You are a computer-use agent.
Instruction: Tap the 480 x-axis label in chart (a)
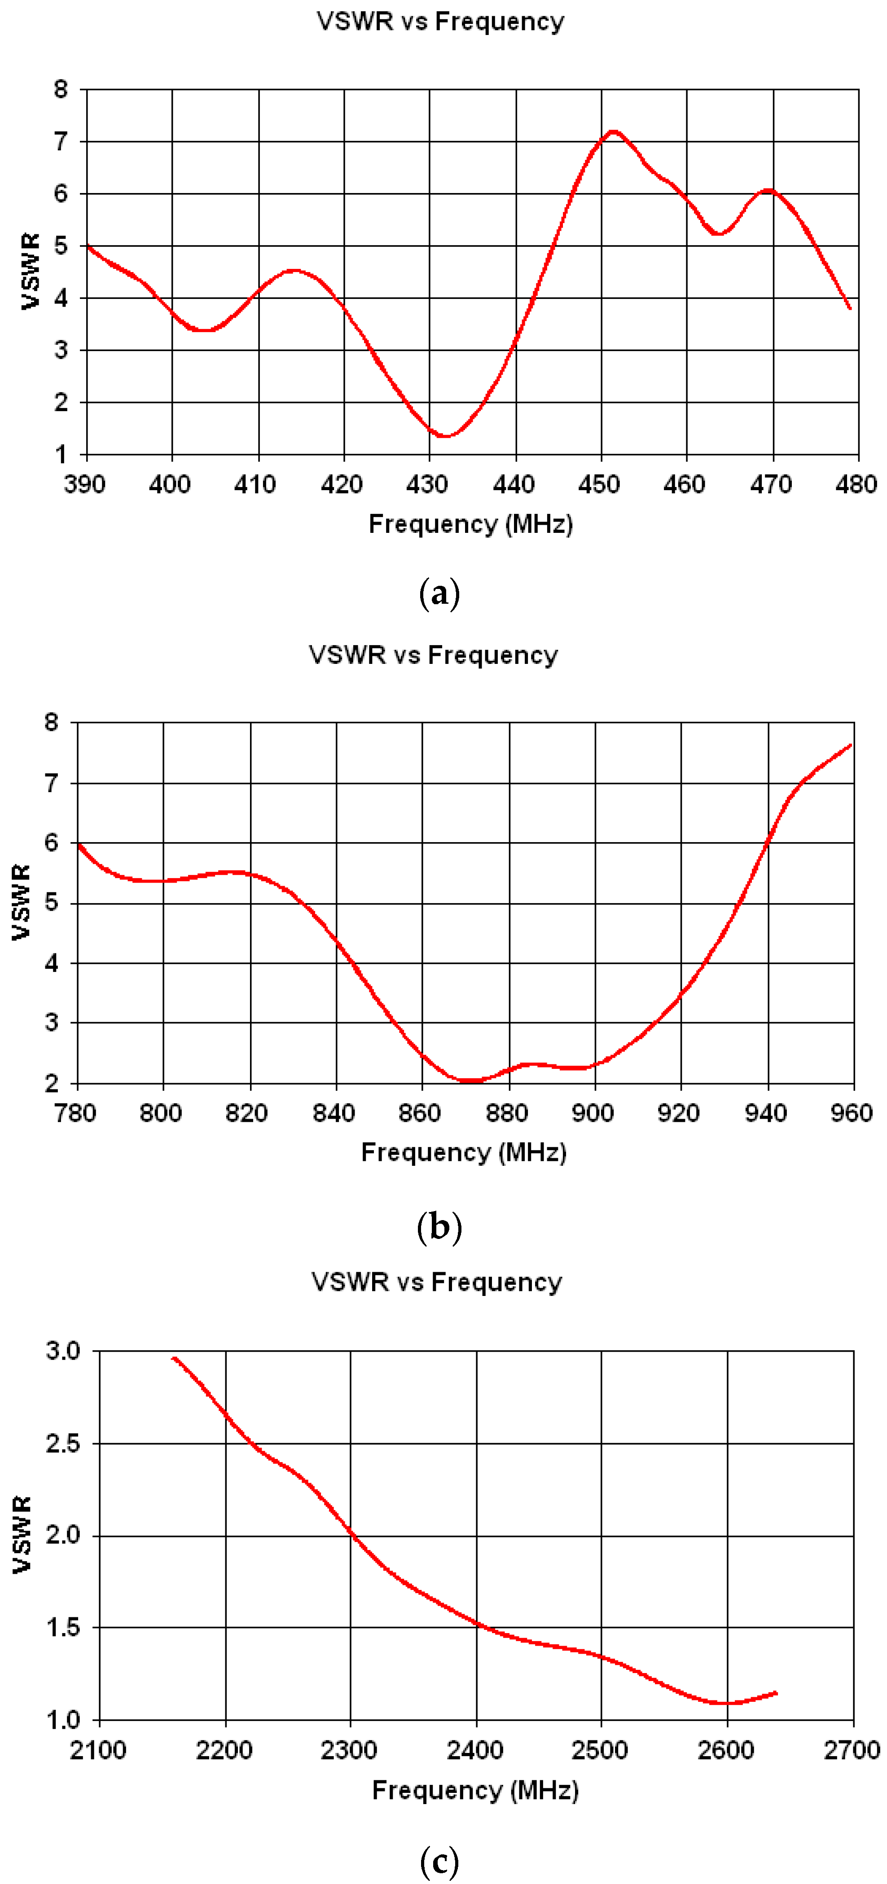(856, 484)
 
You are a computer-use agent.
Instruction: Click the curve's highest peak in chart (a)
(613, 132)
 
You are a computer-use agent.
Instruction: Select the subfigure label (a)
(439, 593)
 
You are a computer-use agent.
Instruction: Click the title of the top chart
(440, 21)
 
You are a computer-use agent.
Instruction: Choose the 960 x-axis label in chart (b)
(852, 1113)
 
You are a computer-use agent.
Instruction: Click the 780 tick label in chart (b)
(75, 1113)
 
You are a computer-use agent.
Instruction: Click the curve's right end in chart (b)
(851, 745)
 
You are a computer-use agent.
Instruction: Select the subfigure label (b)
(439, 1226)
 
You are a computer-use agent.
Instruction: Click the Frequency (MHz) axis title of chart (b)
(464, 1153)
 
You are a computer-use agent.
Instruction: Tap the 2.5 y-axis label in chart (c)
(63, 1444)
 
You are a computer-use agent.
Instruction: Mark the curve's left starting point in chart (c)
(173, 1358)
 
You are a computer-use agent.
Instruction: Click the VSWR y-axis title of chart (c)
(22, 1534)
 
